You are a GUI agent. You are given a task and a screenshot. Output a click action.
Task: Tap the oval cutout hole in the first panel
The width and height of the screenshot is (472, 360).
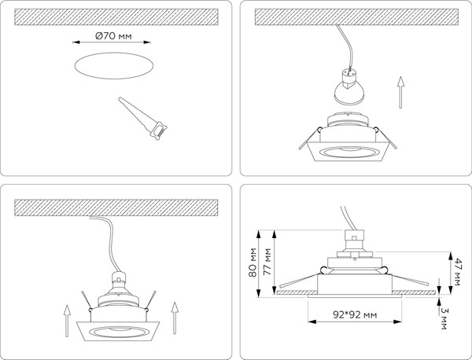click(113, 68)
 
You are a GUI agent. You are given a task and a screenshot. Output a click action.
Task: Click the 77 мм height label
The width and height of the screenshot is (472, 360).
click(270, 259)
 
